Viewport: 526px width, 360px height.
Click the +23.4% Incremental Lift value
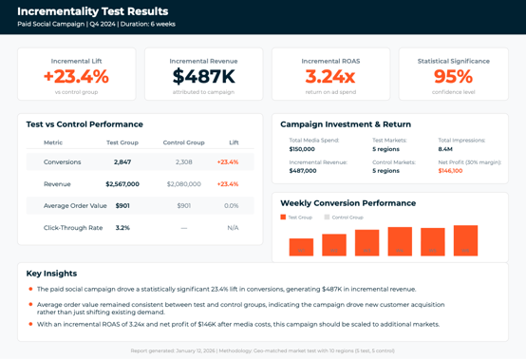pyautogui.click(x=76, y=77)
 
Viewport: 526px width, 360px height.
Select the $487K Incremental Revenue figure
pyautogui.click(x=203, y=77)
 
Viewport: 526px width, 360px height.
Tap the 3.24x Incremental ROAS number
pyautogui.click(x=330, y=77)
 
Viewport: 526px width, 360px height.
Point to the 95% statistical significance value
pyautogui.click(x=453, y=77)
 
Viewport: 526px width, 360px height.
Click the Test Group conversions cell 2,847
pyautogui.click(x=122, y=162)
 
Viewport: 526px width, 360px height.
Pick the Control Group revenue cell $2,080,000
pyautogui.click(x=183, y=184)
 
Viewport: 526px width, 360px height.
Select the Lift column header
pyautogui.click(x=234, y=142)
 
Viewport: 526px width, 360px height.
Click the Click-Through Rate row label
pyautogui.click(x=73, y=228)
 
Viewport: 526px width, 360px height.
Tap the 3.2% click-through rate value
pyautogui.click(x=122, y=228)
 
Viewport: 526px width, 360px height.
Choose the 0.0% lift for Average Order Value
pyautogui.click(x=231, y=206)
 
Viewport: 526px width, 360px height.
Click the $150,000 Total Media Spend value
pyautogui.click(x=302, y=149)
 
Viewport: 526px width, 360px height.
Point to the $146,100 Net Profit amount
pyautogui.click(x=450, y=171)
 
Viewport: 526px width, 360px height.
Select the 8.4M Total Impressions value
pyautogui.click(x=445, y=149)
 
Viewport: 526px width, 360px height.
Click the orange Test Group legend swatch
pyautogui.click(x=283, y=218)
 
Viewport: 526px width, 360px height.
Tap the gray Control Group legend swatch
pyautogui.click(x=328, y=218)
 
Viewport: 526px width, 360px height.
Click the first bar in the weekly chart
pyautogui.click(x=301, y=246)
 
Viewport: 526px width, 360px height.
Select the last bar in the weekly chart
pyautogui.click(x=465, y=240)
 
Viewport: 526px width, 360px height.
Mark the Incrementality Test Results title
pyautogui.click(x=92, y=11)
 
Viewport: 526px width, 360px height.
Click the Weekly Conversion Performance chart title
pyautogui.click(x=348, y=202)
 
